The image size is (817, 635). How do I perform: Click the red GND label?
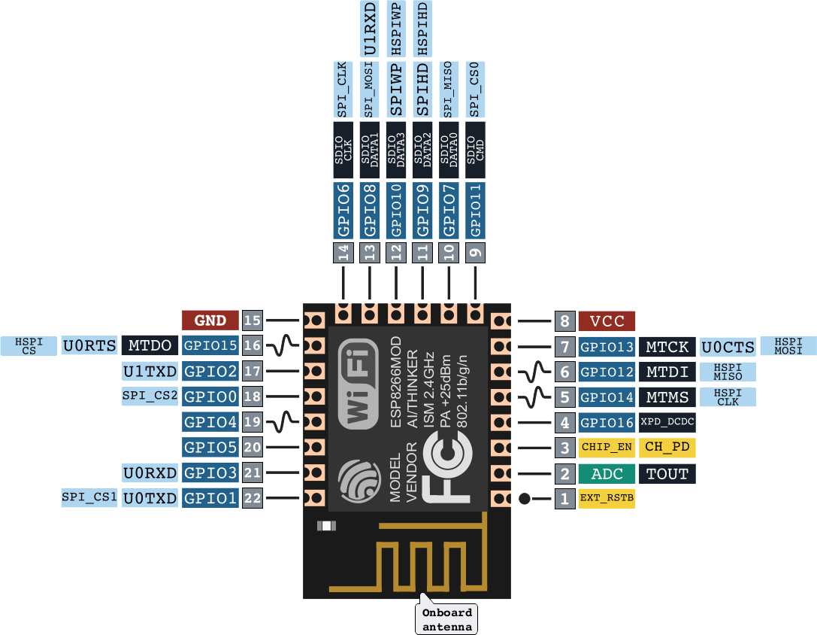(210, 321)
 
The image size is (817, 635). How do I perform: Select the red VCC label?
(607, 321)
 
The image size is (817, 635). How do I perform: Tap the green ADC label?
(607, 473)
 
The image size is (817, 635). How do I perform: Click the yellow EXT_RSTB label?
(607, 498)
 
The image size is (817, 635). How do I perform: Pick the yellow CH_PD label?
(667, 448)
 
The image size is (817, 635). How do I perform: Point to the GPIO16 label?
(607, 422)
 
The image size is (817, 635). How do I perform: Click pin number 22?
(253, 498)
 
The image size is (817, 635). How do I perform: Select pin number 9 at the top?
(475, 253)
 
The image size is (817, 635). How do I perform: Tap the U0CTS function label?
(728, 347)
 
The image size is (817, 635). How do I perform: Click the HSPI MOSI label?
(788, 346)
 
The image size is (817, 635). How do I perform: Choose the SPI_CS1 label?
(89, 497)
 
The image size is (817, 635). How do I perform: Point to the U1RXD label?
(369, 29)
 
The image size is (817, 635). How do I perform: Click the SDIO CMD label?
(475, 149)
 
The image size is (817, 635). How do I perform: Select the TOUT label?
(667, 473)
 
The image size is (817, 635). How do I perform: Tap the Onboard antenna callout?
(447, 619)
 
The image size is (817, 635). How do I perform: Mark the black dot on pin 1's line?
(526, 498)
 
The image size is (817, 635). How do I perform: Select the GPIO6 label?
(343, 210)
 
